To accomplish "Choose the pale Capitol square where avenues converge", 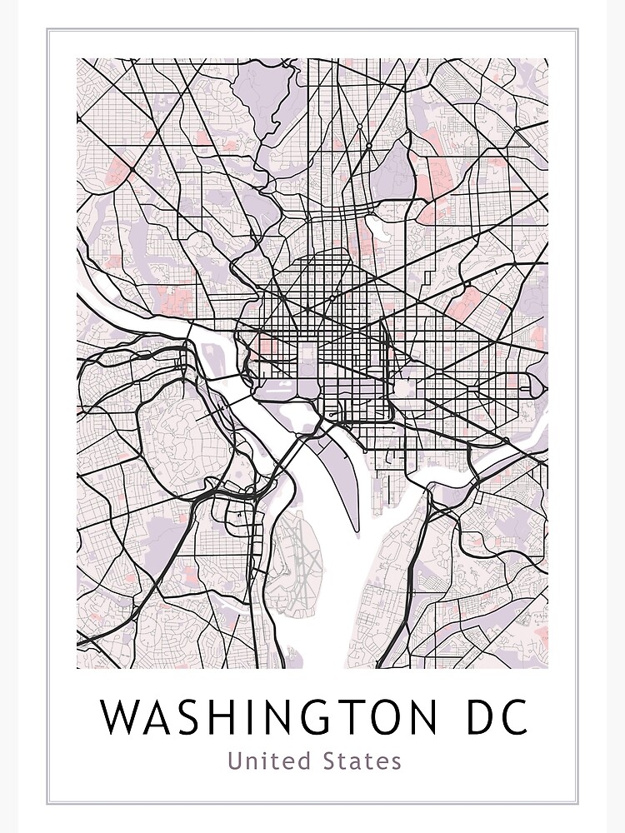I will tap(407, 387).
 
